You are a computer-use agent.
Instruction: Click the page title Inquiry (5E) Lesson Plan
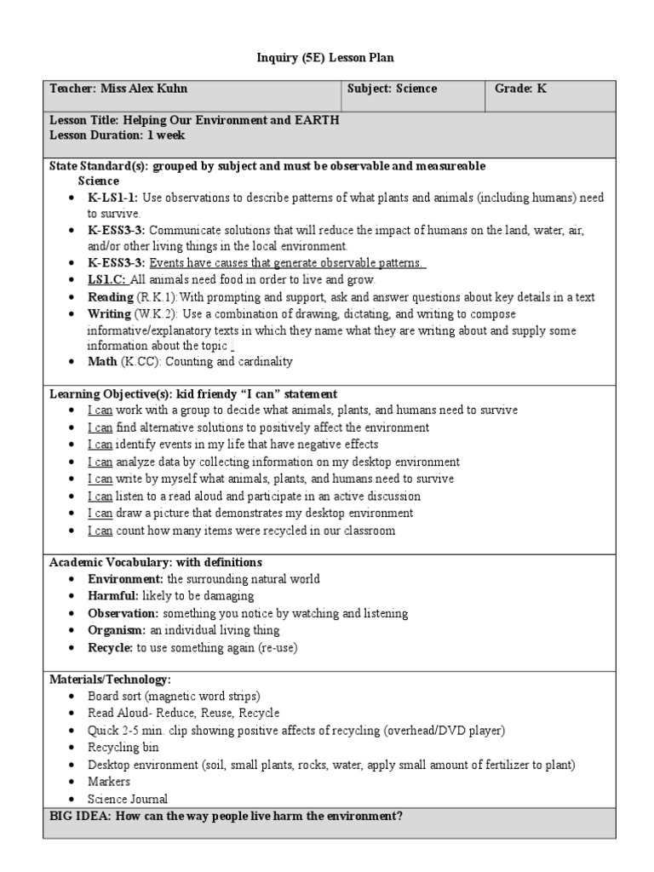(x=326, y=57)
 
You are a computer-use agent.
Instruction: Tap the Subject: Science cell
(x=392, y=89)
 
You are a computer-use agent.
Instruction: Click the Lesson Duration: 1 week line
(x=118, y=135)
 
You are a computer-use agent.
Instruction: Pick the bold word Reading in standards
(x=111, y=296)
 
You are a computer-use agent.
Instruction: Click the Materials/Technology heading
(x=110, y=679)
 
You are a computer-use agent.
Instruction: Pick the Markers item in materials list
(x=109, y=781)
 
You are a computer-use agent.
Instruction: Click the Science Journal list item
(x=128, y=799)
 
